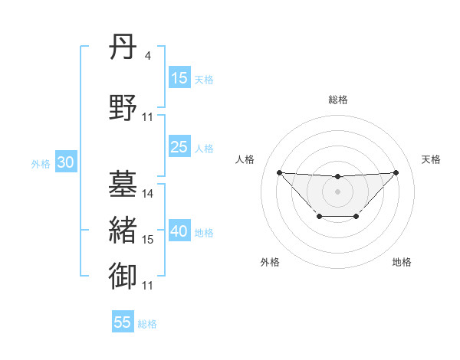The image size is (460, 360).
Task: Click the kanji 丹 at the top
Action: coord(123,48)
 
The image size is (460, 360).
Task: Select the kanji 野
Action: coord(123,106)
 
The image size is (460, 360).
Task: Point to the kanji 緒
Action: coord(123,231)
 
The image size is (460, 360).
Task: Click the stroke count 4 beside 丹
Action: coord(148,56)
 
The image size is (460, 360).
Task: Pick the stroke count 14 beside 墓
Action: coord(148,194)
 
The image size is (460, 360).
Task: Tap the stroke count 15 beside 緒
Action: coord(148,240)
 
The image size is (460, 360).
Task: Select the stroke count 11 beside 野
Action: coord(148,116)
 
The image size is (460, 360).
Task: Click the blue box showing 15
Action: coord(179,78)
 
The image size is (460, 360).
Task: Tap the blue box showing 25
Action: coord(179,147)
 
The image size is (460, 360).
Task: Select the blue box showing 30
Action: coord(65,163)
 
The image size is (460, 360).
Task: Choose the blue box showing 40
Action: coord(179,232)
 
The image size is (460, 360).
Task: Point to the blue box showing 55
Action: coord(123,322)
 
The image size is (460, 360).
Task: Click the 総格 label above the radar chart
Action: coord(337,100)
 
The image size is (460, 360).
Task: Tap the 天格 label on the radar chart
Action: coord(432,159)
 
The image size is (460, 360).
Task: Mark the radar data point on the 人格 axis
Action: coord(279,172)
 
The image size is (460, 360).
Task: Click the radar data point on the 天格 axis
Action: coord(396,172)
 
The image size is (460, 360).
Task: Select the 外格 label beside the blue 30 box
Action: coord(41,164)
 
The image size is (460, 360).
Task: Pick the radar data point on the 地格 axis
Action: coord(356,217)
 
